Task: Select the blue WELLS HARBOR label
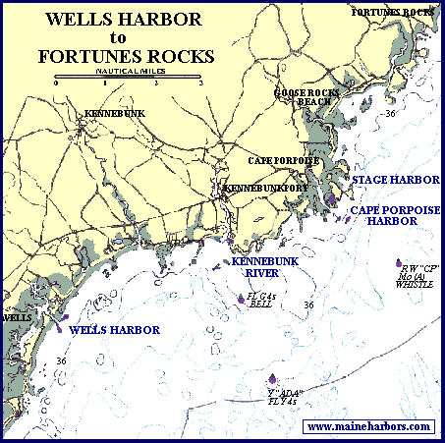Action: tap(115, 330)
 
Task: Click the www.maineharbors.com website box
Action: tap(369, 426)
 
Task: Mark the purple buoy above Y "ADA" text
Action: tap(272, 381)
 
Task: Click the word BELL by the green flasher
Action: tap(261, 305)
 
